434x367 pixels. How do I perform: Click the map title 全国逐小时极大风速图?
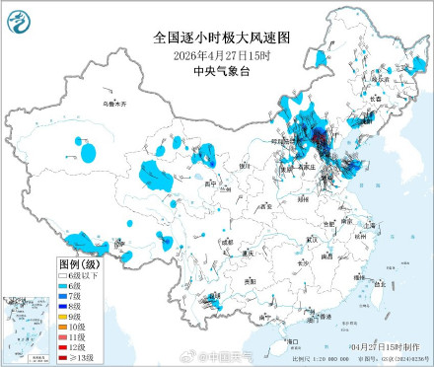tap(217, 37)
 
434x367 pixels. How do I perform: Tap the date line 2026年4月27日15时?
tap(216, 54)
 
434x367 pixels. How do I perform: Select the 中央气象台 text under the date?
tap(216, 70)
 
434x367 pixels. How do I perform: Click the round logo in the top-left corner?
tap(19, 17)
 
